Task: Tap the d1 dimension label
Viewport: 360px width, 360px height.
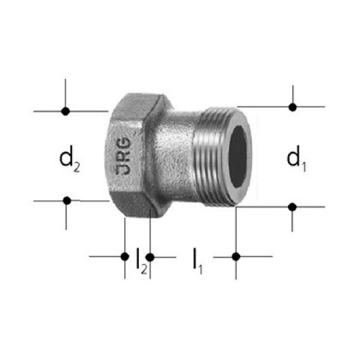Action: tap(296, 159)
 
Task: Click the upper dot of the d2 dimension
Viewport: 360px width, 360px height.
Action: tap(65, 111)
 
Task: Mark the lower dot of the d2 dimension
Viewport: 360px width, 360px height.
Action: tap(67, 200)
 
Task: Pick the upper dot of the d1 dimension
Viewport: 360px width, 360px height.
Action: tap(292, 107)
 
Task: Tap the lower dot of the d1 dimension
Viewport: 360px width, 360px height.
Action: tap(292, 207)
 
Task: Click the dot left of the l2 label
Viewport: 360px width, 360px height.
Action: tap(125, 256)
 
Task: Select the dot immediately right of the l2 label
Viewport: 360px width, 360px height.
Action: tap(150, 257)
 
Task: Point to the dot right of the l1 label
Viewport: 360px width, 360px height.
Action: tap(236, 256)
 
